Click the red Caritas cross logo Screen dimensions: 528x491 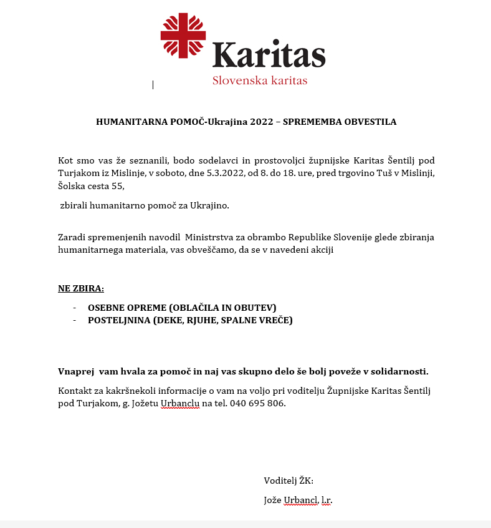click(x=183, y=36)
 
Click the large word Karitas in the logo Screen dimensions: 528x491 click(x=269, y=56)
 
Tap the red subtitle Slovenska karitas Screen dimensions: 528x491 click(x=259, y=81)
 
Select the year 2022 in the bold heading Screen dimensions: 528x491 click(x=262, y=122)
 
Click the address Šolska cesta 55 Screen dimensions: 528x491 click(x=91, y=186)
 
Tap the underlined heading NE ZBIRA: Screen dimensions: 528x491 click(x=81, y=288)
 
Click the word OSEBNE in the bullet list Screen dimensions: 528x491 click(x=108, y=307)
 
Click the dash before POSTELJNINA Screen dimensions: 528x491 click(x=75, y=320)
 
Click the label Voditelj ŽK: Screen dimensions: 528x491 click(x=288, y=481)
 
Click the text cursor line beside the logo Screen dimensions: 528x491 click(x=153, y=85)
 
